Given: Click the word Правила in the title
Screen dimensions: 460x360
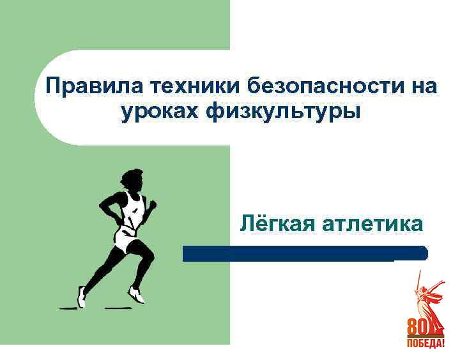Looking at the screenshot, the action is (x=94, y=86).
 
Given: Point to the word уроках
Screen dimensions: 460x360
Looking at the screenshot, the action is (x=160, y=112).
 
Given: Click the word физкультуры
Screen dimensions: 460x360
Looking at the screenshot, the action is (x=283, y=112).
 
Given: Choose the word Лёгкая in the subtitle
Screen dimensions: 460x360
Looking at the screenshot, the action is (x=277, y=223).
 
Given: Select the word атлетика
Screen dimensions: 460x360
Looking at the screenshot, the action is (x=372, y=225).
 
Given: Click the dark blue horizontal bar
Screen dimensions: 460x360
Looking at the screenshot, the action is (x=305, y=253).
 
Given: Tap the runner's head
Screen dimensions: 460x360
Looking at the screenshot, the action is (x=132, y=180).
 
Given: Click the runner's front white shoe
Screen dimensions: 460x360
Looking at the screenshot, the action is (x=137, y=294).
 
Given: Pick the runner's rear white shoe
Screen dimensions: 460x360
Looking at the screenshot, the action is (x=82, y=297).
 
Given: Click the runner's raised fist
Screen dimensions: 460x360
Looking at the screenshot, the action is (x=153, y=204).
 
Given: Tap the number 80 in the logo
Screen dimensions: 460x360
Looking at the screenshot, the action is (x=417, y=327).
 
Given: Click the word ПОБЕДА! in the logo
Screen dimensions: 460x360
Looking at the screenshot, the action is (x=425, y=343).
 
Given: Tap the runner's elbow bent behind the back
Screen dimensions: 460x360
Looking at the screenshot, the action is (x=102, y=205).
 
